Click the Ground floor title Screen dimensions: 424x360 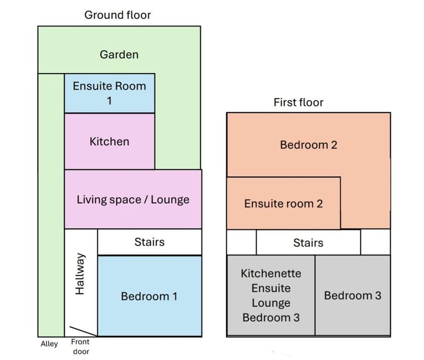(x=118, y=15)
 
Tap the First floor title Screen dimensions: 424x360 (x=298, y=102)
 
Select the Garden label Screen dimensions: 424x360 (x=119, y=55)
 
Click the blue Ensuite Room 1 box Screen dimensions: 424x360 (x=110, y=93)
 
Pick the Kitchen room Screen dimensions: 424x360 (x=110, y=141)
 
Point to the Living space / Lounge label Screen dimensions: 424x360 (x=133, y=200)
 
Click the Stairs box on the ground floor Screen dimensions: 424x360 (x=149, y=242)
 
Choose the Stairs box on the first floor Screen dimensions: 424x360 (x=308, y=242)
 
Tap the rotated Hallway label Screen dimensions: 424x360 (x=80, y=274)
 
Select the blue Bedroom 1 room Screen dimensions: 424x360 (x=149, y=296)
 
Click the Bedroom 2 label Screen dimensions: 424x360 (x=308, y=145)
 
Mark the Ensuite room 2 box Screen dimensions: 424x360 (x=284, y=203)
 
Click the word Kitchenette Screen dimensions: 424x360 (x=271, y=274)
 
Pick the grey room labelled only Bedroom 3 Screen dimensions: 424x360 (x=352, y=295)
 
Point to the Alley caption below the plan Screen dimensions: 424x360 (x=49, y=344)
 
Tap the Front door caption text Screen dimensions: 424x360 (x=81, y=346)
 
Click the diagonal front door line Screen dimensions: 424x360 (x=84, y=331)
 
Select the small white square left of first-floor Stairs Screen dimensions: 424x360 (x=242, y=242)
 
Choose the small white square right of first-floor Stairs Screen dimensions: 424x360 (x=375, y=242)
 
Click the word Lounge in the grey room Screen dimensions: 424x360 (x=271, y=303)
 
